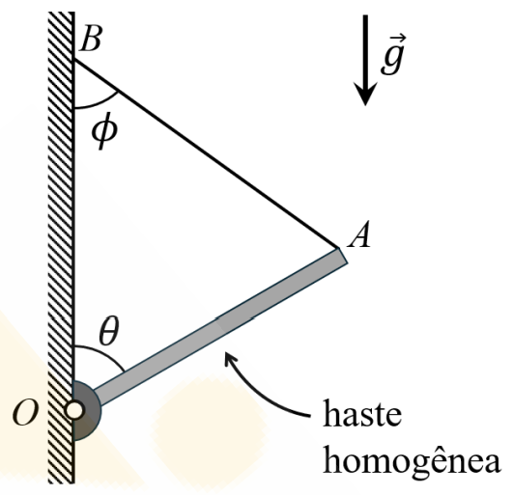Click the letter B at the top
[x=91, y=39]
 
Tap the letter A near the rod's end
[x=359, y=234]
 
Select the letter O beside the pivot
[x=25, y=412]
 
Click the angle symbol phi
[x=104, y=131]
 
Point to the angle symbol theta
[x=109, y=331]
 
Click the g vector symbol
[x=393, y=55]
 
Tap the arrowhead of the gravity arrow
[x=365, y=94]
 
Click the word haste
[x=362, y=413]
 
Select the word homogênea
[x=412, y=460]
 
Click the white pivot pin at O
[x=74, y=410]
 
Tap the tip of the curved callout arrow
[x=225, y=353]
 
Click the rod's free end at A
[x=343, y=256]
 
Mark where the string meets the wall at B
[x=74, y=59]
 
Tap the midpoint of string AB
[x=207, y=153]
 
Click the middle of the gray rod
[x=219, y=325]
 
